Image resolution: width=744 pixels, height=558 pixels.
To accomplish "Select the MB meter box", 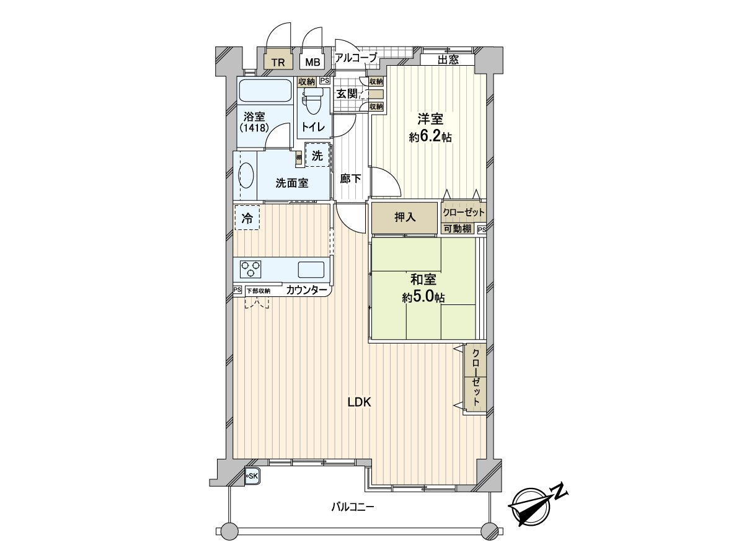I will pyautogui.click(x=312, y=62).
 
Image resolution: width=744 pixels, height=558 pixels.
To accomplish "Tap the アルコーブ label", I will pyautogui.click(x=355, y=58).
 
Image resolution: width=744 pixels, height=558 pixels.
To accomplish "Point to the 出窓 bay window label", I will pyautogui.click(x=448, y=60).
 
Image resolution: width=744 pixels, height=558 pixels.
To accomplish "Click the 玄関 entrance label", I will pyautogui.click(x=347, y=94).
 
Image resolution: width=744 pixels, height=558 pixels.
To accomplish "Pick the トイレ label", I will pyautogui.click(x=311, y=126).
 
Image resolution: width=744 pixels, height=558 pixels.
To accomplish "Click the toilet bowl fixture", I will pyautogui.click(x=311, y=102).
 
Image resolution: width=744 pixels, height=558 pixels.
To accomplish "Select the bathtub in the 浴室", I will pyautogui.click(x=265, y=91).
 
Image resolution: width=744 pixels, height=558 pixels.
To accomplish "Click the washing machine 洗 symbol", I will pyautogui.click(x=317, y=157).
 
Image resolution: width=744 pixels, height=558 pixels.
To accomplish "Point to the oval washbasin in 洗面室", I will pyautogui.click(x=246, y=175).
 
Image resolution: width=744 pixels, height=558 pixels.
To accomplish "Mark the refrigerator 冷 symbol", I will pyautogui.click(x=247, y=218).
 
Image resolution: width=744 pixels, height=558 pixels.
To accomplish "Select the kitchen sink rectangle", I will pyautogui.click(x=311, y=270).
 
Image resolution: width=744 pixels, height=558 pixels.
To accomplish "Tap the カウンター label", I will pyautogui.click(x=307, y=290).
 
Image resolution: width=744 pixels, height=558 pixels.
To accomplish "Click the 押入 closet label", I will pyautogui.click(x=405, y=218).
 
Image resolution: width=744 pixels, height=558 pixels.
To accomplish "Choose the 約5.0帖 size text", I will pyautogui.click(x=423, y=298).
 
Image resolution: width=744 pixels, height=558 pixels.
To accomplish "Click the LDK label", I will pyautogui.click(x=359, y=402).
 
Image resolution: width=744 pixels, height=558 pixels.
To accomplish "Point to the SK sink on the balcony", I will pyautogui.click(x=252, y=476).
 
